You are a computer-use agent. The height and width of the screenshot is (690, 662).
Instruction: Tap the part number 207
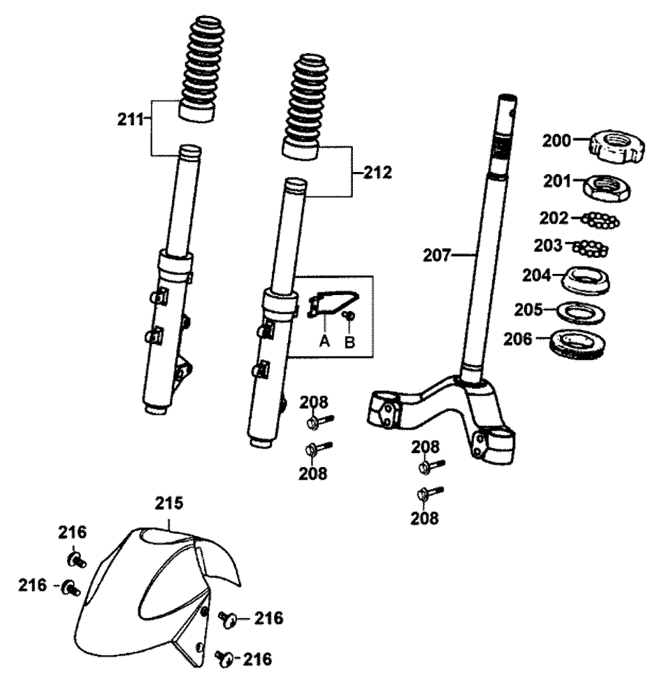click(x=437, y=255)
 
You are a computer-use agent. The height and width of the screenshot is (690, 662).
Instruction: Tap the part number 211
click(x=128, y=120)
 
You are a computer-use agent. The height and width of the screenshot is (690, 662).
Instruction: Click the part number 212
click(x=377, y=173)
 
